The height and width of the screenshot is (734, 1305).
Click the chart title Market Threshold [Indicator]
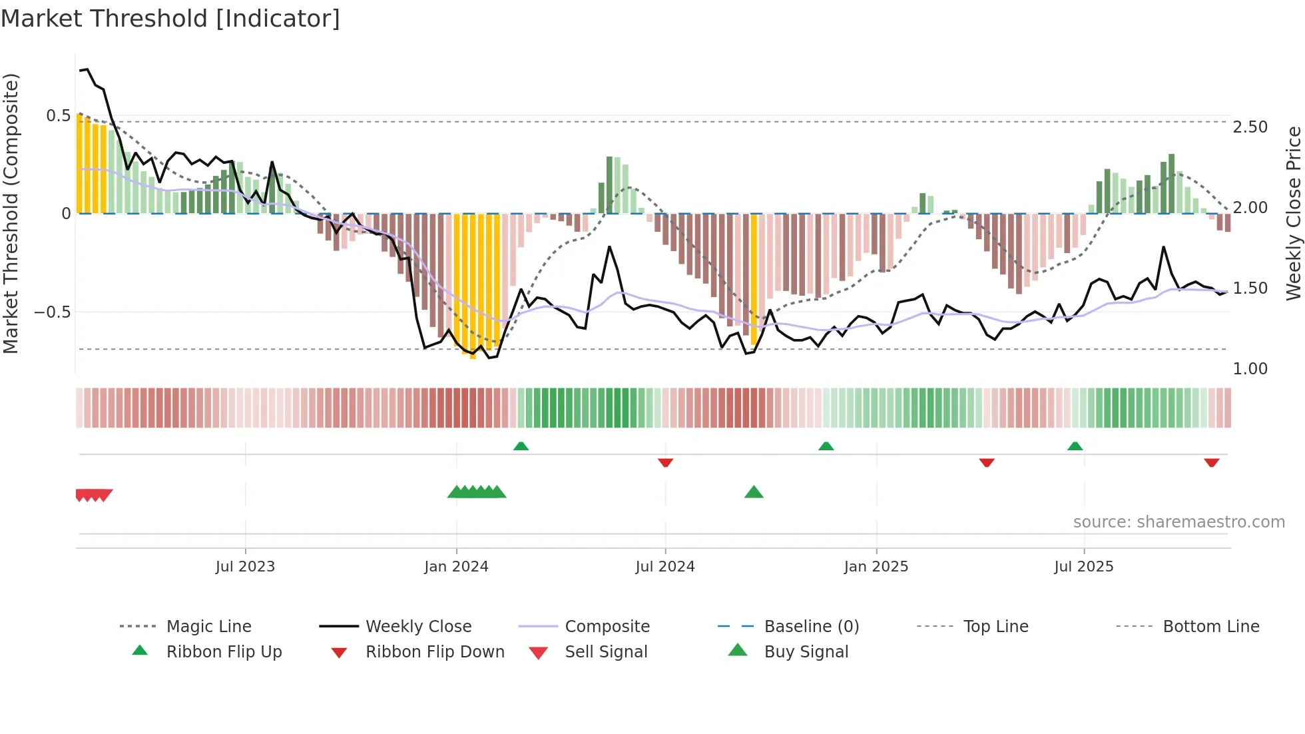(170, 19)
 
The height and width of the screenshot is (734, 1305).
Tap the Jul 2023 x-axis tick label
(245, 567)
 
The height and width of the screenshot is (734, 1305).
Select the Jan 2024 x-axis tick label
(456, 567)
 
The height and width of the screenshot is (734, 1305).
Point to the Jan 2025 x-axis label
(876, 567)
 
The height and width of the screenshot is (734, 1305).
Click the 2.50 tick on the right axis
(1250, 127)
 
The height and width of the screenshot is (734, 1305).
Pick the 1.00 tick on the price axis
(1250, 369)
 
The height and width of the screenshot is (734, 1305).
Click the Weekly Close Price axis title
(1293, 213)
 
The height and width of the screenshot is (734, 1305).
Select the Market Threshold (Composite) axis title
(11, 213)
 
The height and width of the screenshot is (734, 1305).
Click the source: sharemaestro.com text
(1178, 522)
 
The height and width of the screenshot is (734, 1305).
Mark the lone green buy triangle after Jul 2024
(754, 492)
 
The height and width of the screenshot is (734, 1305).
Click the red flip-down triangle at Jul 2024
(665, 462)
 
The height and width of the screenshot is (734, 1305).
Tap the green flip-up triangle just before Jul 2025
(1075, 446)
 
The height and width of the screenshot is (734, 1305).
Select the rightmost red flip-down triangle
(1211, 462)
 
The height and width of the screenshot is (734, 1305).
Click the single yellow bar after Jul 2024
(754, 280)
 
